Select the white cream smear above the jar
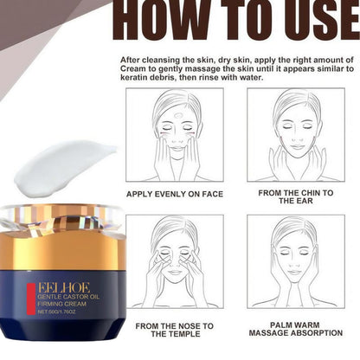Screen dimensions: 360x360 tap(65, 169)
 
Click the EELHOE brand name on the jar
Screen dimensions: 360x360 tap(64, 288)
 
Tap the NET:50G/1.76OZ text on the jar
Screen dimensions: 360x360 tap(57, 312)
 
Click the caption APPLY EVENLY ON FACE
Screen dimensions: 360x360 tap(175, 194)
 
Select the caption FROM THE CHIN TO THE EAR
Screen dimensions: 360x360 tap(296, 196)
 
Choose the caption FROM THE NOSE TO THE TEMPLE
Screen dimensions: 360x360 tap(175, 330)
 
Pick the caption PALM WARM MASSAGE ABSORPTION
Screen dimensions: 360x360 tap(296, 329)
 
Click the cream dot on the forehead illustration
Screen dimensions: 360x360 tap(178, 115)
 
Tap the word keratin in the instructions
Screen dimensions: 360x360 tap(133, 78)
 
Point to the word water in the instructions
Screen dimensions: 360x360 tap(252, 78)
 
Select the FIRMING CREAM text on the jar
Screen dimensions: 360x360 tap(61, 304)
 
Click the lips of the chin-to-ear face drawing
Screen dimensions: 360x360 tap(297, 146)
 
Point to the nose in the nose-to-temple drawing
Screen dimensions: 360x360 tap(175, 264)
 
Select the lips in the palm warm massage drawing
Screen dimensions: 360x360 tap(295, 273)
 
